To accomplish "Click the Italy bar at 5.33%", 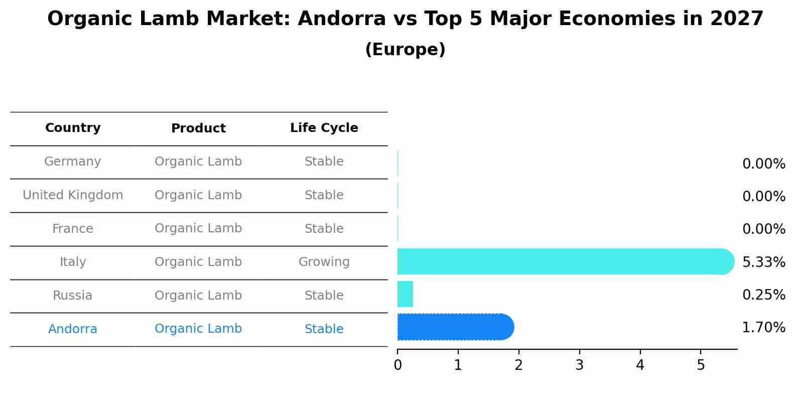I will point(562,261).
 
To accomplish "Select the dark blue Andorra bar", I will point(454,327).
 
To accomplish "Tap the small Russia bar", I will point(405,294).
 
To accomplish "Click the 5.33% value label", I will point(763,262).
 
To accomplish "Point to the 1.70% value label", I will point(763,328).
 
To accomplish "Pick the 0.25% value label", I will point(763,295).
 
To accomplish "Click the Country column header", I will point(73,128).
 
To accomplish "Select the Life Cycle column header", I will point(324,128).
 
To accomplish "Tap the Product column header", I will point(198,128).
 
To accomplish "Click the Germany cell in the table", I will point(73,162).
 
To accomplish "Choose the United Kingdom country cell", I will point(73,195).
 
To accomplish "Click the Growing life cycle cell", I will point(324,262).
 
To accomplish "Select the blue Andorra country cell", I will point(73,329).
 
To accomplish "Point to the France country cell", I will point(73,229).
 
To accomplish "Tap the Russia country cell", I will point(73,296).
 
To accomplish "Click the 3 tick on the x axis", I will point(579,365).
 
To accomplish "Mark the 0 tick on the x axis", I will point(397,365).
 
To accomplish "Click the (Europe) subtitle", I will point(405,50).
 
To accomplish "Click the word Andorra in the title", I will point(341,19).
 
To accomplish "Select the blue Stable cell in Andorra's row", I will point(324,329).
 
